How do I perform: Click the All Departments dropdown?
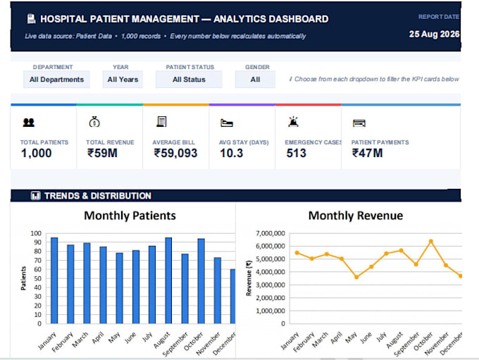point(56,80)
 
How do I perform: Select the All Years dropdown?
point(123,80)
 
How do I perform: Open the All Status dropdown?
point(189,80)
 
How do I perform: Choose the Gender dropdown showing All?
point(255,80)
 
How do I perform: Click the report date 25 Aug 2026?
point(434,34)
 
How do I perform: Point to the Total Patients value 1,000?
point(36,153)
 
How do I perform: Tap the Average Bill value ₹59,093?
point(175,153)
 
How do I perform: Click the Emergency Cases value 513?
point(296,153)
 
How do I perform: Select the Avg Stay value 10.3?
point(231,153)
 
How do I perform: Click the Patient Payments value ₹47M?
point(367,153)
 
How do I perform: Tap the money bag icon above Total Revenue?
point(94,122)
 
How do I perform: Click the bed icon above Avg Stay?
point(227,123)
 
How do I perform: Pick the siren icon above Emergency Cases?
point(293,122)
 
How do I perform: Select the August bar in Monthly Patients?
point(168,280)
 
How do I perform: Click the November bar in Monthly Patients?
point(217,291)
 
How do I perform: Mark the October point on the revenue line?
point(431,242)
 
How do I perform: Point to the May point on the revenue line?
point(356,277)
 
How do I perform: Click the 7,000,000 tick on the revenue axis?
point(270,233)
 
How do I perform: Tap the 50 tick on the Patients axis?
point(37,278)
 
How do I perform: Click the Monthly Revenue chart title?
point(356,216)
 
